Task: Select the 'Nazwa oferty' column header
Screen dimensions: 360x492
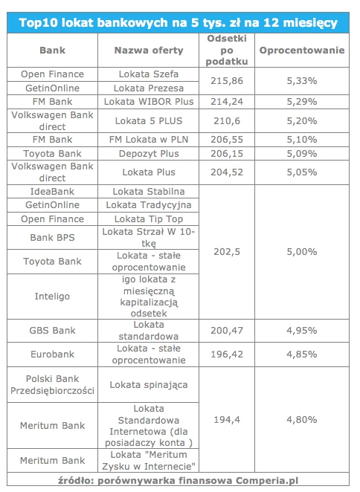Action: (149, 51)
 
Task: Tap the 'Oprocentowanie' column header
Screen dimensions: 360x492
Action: (302, 51)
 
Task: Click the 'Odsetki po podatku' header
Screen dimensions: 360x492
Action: (227, 50)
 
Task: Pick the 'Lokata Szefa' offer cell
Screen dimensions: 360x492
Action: (149, 74)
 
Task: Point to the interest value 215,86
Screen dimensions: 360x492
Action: (227, 81)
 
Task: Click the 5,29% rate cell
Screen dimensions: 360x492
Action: (302, 102)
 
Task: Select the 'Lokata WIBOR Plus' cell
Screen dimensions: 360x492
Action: (149, 102)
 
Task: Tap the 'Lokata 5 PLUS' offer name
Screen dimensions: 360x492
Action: (149, 121)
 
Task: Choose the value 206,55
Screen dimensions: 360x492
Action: (227, 139)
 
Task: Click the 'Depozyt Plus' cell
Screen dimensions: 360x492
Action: (149, 153)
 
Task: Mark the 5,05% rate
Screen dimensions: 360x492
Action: (302, 172)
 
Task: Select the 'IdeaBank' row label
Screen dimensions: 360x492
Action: (52, 192)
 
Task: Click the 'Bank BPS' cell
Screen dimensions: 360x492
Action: (52, 238)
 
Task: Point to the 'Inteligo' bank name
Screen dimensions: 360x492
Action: (52, 297)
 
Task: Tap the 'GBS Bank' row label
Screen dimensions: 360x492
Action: (52, 331)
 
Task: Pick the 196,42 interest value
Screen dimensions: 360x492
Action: (227, 355)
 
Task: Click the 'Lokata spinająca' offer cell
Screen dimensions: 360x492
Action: (149, 385)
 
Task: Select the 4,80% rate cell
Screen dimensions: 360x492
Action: (302, 419)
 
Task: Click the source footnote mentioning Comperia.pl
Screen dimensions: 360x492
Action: (178, 481)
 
